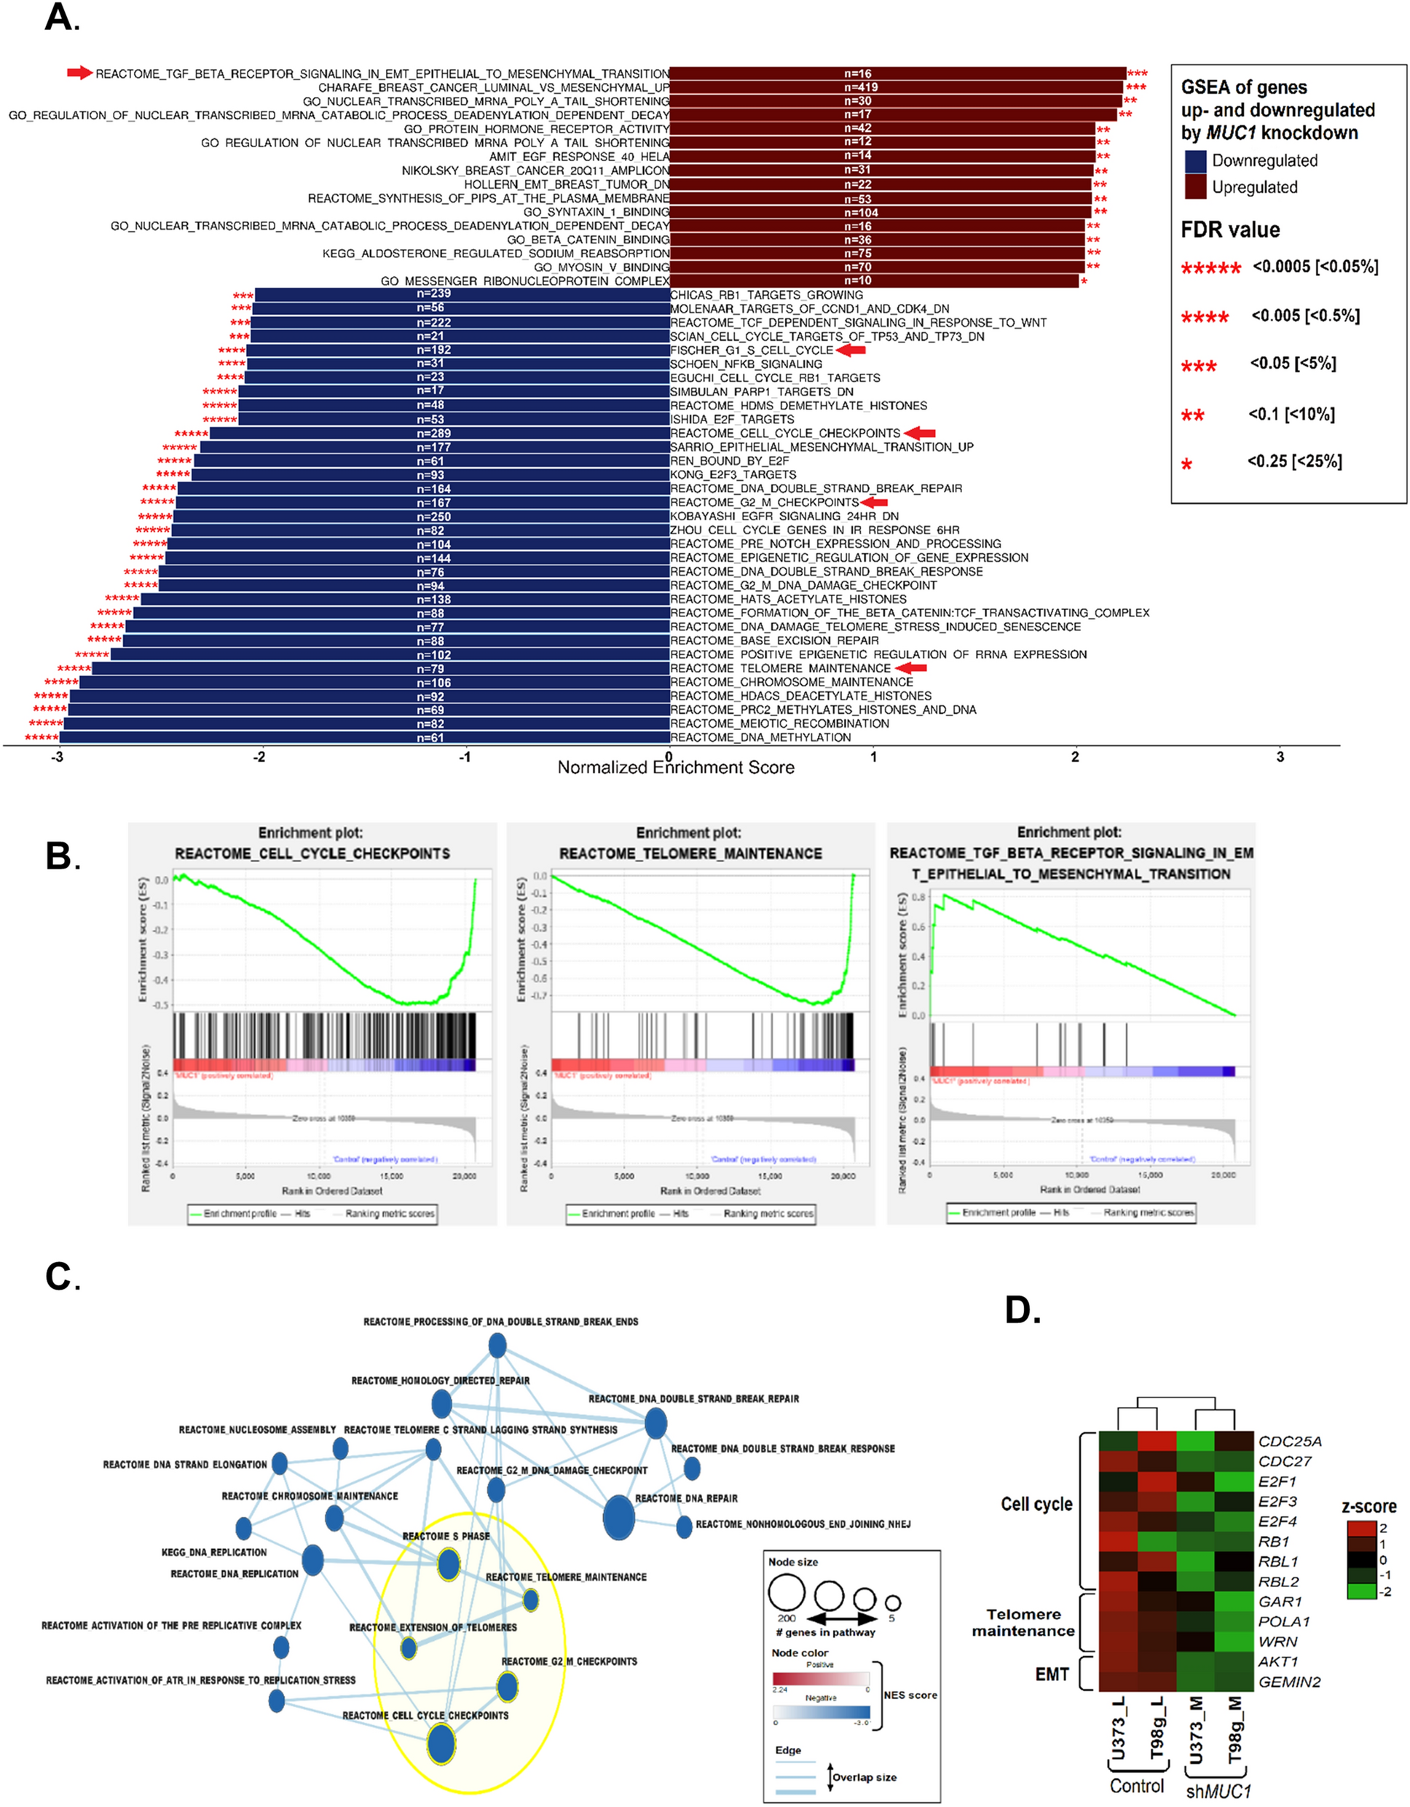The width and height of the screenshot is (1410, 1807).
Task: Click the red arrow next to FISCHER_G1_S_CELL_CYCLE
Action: (x=851, y=350)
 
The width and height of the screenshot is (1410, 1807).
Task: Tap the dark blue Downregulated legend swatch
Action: (x=1195, y=160)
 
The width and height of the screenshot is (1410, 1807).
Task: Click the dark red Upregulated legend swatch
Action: (x=1195, y=187)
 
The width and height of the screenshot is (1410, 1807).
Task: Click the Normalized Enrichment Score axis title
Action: (x=676, y=768)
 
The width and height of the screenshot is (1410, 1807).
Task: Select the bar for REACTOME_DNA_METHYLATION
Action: (x=364, y=737)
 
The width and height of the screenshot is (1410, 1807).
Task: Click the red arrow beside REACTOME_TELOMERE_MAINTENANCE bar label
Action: (x=911, y=667)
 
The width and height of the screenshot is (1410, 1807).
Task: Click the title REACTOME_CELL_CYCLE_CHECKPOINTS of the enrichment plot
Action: (x=312, y=853)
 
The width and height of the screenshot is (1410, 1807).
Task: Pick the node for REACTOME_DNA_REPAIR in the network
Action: (x=618, y=1518)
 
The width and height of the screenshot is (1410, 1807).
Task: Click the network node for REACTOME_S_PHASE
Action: (x=448, y=1564)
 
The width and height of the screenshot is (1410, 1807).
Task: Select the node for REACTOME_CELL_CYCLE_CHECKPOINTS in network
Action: (x=441, y=1744)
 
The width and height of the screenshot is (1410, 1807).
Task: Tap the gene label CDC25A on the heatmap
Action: (x=1290, y=1441)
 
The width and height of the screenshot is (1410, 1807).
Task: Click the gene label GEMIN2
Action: (x=1289, y=1682)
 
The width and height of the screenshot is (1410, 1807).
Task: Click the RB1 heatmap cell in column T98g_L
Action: (x=1157, y=1541)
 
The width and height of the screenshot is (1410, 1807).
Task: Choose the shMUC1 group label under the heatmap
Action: (x=1218, y=1791)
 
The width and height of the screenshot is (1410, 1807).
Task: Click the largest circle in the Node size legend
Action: (x=787, y=1591)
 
